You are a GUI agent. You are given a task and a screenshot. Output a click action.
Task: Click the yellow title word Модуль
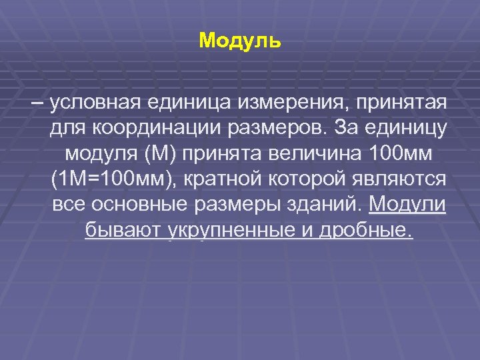point(240,41)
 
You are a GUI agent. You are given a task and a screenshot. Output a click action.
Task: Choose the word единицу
point(405,129)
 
